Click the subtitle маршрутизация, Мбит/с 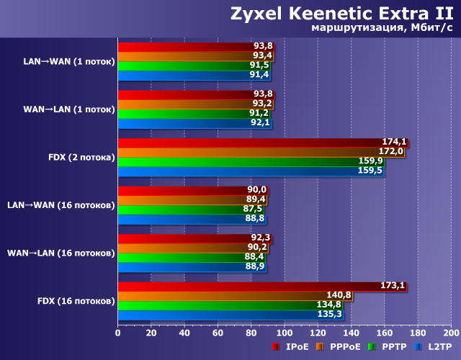pos(382,28)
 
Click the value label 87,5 pos(252,209)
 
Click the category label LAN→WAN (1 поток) pos(69,61)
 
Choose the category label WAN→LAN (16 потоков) pos(61,253)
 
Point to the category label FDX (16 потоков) pos(76,300)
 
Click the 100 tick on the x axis pos(285,333)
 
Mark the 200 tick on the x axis pos(451,333)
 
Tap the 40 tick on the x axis pos(184,333)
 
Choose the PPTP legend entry pos(390,347)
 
